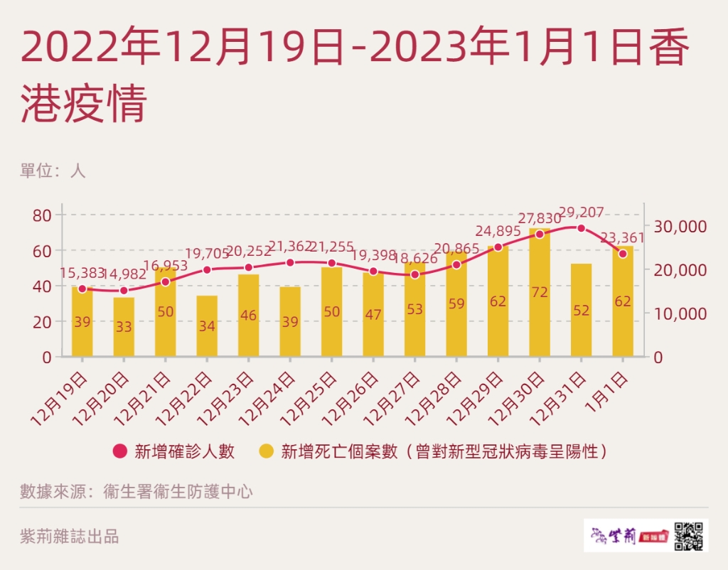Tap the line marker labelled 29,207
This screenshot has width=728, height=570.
[581, 228]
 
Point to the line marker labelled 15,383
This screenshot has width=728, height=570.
[82, 289]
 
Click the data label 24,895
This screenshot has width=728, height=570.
[498, 231]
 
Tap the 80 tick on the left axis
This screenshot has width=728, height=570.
[42, 215]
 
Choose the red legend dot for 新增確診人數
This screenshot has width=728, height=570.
[120, 451]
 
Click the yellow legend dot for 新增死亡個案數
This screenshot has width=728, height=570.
[267, 451]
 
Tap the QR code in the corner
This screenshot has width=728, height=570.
[690, 534]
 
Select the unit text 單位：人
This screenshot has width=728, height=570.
[53, 171]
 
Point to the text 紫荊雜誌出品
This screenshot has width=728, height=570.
[70, 537]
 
